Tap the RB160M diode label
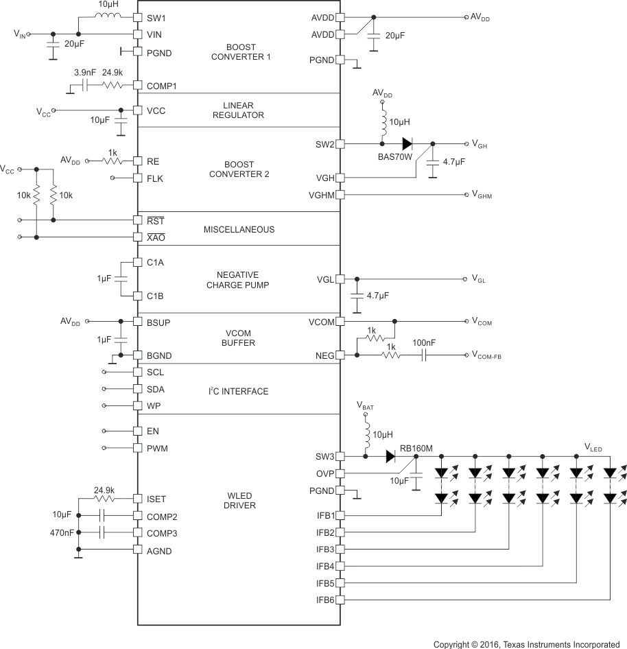point(418,448)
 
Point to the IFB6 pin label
point(325,599)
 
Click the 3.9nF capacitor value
point(84,73)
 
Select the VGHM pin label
point(321,195)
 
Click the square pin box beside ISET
point(138,499)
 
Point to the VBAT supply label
point(365,406)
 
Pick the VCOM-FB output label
point(486,355)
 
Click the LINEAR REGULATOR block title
point(239,110)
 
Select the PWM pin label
point(157,448)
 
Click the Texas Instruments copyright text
point(526,644)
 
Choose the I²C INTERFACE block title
point(238,391)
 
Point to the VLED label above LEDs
point(593,448)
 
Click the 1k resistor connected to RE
point(112,161)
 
